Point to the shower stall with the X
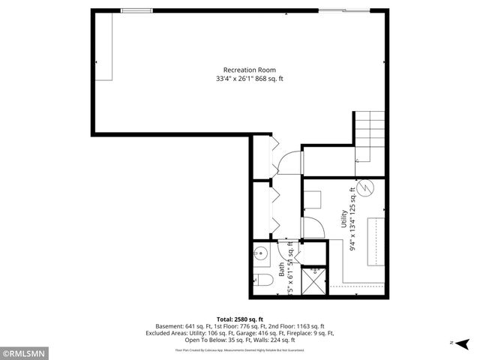[314, 280]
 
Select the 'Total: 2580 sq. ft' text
[239, 319]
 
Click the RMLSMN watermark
[25, 352]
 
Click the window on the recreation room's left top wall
[134, 10]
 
